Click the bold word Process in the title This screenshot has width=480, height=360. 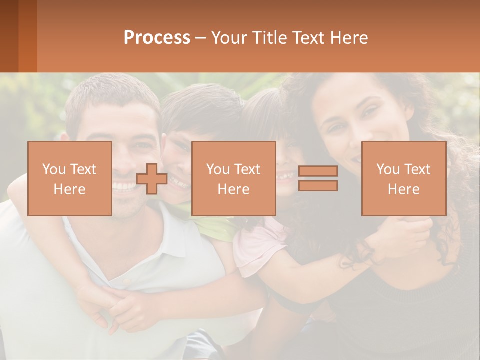coord(157,38)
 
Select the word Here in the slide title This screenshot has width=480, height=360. coord(349,38)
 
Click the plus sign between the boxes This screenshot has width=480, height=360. coord(152,179)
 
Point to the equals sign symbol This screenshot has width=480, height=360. coord(318,179)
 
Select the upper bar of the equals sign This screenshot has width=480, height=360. coord(318,171)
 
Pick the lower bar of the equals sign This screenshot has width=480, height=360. coord(318,186)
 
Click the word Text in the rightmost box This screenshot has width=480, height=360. coord(417,169)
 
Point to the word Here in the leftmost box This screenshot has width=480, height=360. coord(69,189)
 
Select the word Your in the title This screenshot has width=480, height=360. coord(229,38)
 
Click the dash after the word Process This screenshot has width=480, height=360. coord(201,38)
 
